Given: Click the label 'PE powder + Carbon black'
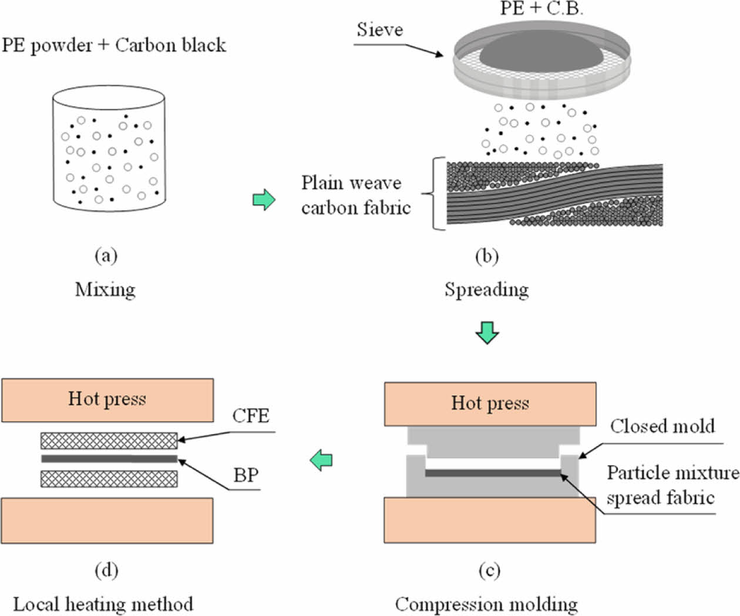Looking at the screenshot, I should pyautogui.click(x=113, y=45).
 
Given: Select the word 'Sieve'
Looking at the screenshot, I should pyautogui.click(x=379, y=29).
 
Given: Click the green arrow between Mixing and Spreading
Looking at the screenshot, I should pyautogui.click(x=264, y=200).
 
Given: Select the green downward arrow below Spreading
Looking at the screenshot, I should pyautogui.click(x=487, y=332).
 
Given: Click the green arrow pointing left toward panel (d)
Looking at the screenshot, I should pyautogui.click(x=322, y=459).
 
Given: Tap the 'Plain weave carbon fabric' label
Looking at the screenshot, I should pyautogui.click(x=355, y=195).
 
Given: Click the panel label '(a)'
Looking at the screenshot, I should pyautogui.click(x=106, y=255).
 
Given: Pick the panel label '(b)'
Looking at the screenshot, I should pyautogui.click(x=486, y=255).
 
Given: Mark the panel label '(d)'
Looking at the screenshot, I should pyautogui.click(x=106, y=570).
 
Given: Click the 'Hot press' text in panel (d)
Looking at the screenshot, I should pyautogui.click(x=107, y=399).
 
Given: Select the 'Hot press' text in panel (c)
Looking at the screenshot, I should pyautogui.click(x=490, y=403).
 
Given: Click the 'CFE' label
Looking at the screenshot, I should pyautogui.click(x=251, y=416).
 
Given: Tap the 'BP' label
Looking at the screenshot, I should pyautogui.click(x=246, y=474).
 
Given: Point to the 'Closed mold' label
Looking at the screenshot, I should pyautogui.click(x=662, y=426).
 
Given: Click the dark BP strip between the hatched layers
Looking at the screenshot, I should pyautogui.click(x=109, y=459).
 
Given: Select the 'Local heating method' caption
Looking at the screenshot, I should pyautogui.click(x=103, y=604).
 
